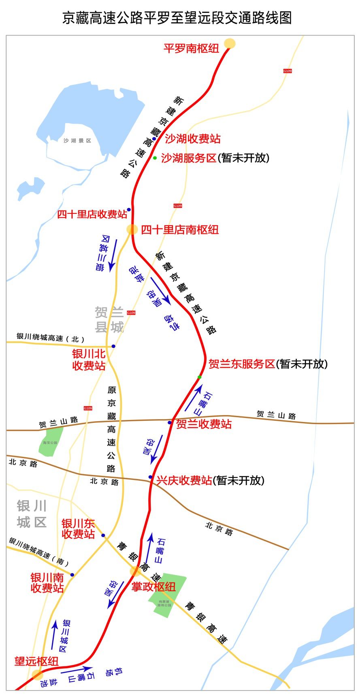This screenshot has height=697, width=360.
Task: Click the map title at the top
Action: (177, 18)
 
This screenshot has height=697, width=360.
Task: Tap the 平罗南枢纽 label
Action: (191, 49)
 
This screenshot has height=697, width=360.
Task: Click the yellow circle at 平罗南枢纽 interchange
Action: (230, 43)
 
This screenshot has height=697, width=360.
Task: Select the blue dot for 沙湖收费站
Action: (154, 139)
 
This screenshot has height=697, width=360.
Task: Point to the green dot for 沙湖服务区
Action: (155, 158)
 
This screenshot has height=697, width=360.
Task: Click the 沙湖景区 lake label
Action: (77, 141)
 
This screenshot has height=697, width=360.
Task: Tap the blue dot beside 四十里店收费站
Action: (129, 210)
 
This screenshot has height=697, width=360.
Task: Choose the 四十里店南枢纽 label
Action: (180, 230)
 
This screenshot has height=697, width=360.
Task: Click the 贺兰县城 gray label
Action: (109, 320)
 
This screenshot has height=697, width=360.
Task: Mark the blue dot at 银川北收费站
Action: (113, 346)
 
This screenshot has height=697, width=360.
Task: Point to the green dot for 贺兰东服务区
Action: (199, 377)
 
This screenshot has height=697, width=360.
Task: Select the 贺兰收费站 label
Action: (204, 424)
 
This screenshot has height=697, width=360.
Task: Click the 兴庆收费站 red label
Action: (184, 480)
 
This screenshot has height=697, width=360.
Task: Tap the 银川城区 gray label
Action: (32, 514)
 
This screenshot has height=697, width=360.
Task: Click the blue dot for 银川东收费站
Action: (103, 535)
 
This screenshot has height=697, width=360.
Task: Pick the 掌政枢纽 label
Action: (153, 586)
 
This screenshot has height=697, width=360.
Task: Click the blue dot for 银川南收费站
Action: (72, 575)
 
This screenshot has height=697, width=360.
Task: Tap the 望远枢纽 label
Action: (36, 661)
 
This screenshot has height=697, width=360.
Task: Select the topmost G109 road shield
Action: (287, 71)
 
